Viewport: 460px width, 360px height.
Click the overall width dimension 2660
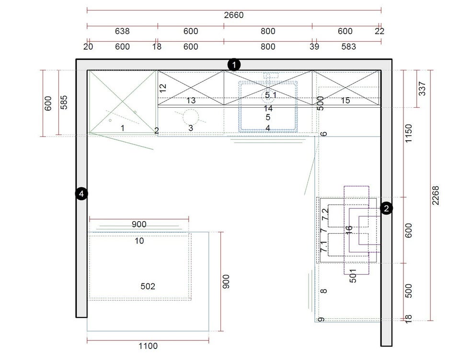coord(234,15)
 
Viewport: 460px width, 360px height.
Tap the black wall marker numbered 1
coord(234,65)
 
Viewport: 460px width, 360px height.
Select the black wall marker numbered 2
coord(386,208)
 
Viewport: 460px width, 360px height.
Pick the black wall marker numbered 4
coord(81,193)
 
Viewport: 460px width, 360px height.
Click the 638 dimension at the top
coord(122,31)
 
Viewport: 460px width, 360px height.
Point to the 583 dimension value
coord(348,46)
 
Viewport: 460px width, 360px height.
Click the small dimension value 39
coord(314,46)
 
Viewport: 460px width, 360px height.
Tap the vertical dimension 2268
coord(436,195)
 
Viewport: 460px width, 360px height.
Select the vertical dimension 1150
coord(408,134)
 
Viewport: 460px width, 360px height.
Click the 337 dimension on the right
coord(422,89)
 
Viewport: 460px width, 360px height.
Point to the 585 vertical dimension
coord(64,102)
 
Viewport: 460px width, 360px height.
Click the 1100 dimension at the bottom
coord(148,346)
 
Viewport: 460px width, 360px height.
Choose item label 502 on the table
coord(148,286)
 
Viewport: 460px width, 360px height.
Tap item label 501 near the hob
coord(353,276)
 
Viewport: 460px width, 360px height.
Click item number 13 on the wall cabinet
coord(191,101)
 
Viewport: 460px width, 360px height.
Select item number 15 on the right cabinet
coord(345,101)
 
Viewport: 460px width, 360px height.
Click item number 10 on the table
coord(139,241)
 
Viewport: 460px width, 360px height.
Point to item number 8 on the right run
coord(323,291)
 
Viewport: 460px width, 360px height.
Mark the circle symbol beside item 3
coord(191,117)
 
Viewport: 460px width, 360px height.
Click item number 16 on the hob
coord(349,229)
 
